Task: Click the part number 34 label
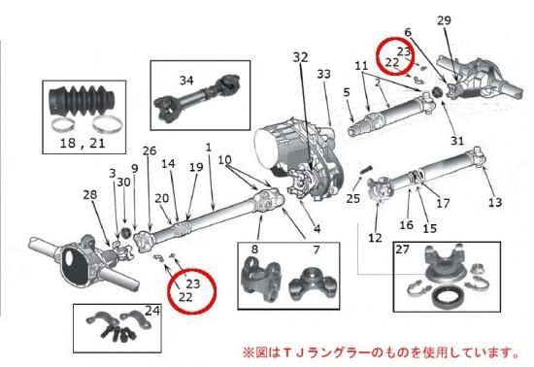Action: point(186,81)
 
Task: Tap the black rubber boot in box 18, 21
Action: point(83,101)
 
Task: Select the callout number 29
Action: point(444,20)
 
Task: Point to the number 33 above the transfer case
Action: point(323,74)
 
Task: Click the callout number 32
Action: point(300,57)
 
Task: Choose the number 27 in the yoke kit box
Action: point(402,250)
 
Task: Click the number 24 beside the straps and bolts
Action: point(152,311)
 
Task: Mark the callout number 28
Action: point(90,195)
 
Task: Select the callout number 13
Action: point(495,203)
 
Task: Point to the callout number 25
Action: point(352,198)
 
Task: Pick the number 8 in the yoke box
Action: point(254,250)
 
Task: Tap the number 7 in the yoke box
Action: point(317,250)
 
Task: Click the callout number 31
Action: point(457,141)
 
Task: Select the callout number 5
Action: point(347,92)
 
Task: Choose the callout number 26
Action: point(150,150)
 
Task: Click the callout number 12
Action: point(375,238)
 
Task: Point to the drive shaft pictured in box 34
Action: point(197,98)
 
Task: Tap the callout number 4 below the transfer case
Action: point(317,229)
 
